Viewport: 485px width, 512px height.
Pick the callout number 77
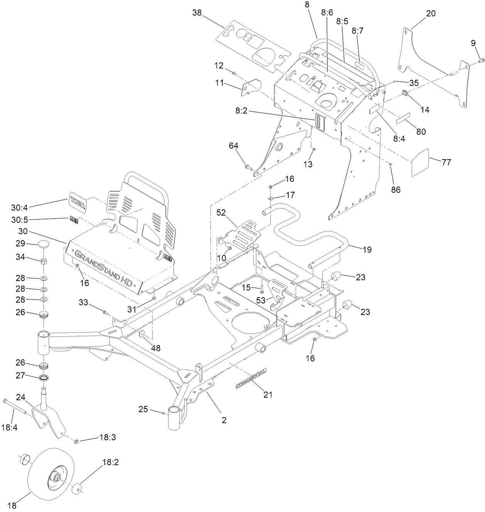tap(446, 162)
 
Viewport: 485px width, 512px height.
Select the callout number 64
tap(234, 146)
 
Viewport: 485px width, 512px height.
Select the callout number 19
tap(367, 250)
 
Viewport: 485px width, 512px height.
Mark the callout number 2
tap(224, 420)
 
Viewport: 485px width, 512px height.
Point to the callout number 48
tap(155, 348)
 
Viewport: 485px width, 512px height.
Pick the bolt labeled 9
tap(481, 60)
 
